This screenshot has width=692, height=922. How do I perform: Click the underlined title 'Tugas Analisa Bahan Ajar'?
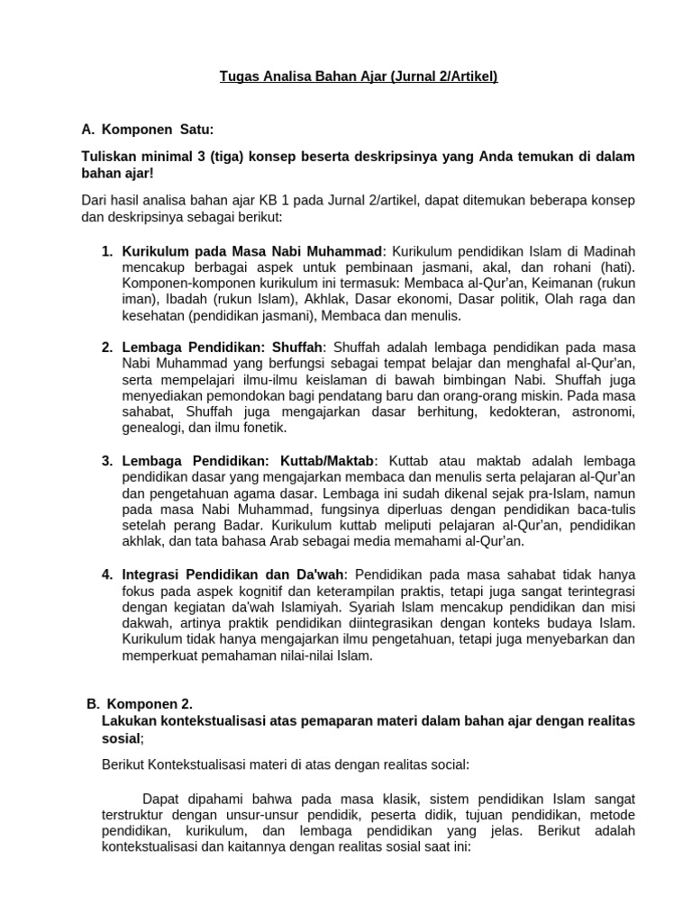(x=304, y=77)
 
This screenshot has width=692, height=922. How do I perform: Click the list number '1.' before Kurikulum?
(x=107, y=250)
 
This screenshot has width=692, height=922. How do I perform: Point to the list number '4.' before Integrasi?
(x=107, y=574)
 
